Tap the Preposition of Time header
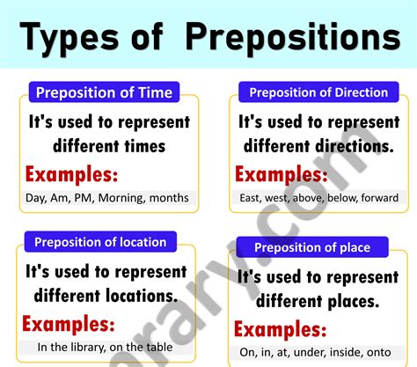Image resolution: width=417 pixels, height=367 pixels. (x=103, y=92)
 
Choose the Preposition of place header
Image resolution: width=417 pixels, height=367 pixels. (x=312, y=247)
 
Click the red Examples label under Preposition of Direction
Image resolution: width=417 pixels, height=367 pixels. (x=282, y=172)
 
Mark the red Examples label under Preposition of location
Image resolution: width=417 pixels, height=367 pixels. (x=69, y=322)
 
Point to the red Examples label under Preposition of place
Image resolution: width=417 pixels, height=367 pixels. (x=282, y=330)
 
